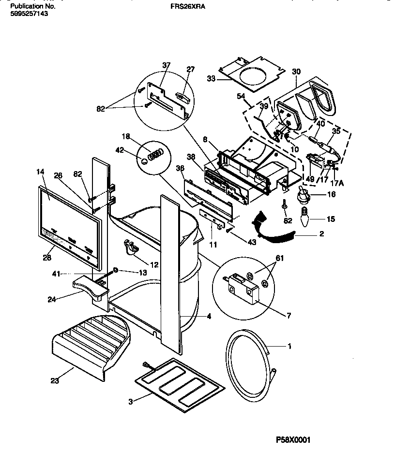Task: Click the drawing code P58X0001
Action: pyautogui.click(x=293, y=440)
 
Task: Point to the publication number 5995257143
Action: pyautogui.click(x=29, y=15)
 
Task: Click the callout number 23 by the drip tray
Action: pyautogui.click(x=54, y=381)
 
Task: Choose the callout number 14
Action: pyautogui.click(x=40, y=171)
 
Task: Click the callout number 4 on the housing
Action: pyautogui.click(x=209, y=317)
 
